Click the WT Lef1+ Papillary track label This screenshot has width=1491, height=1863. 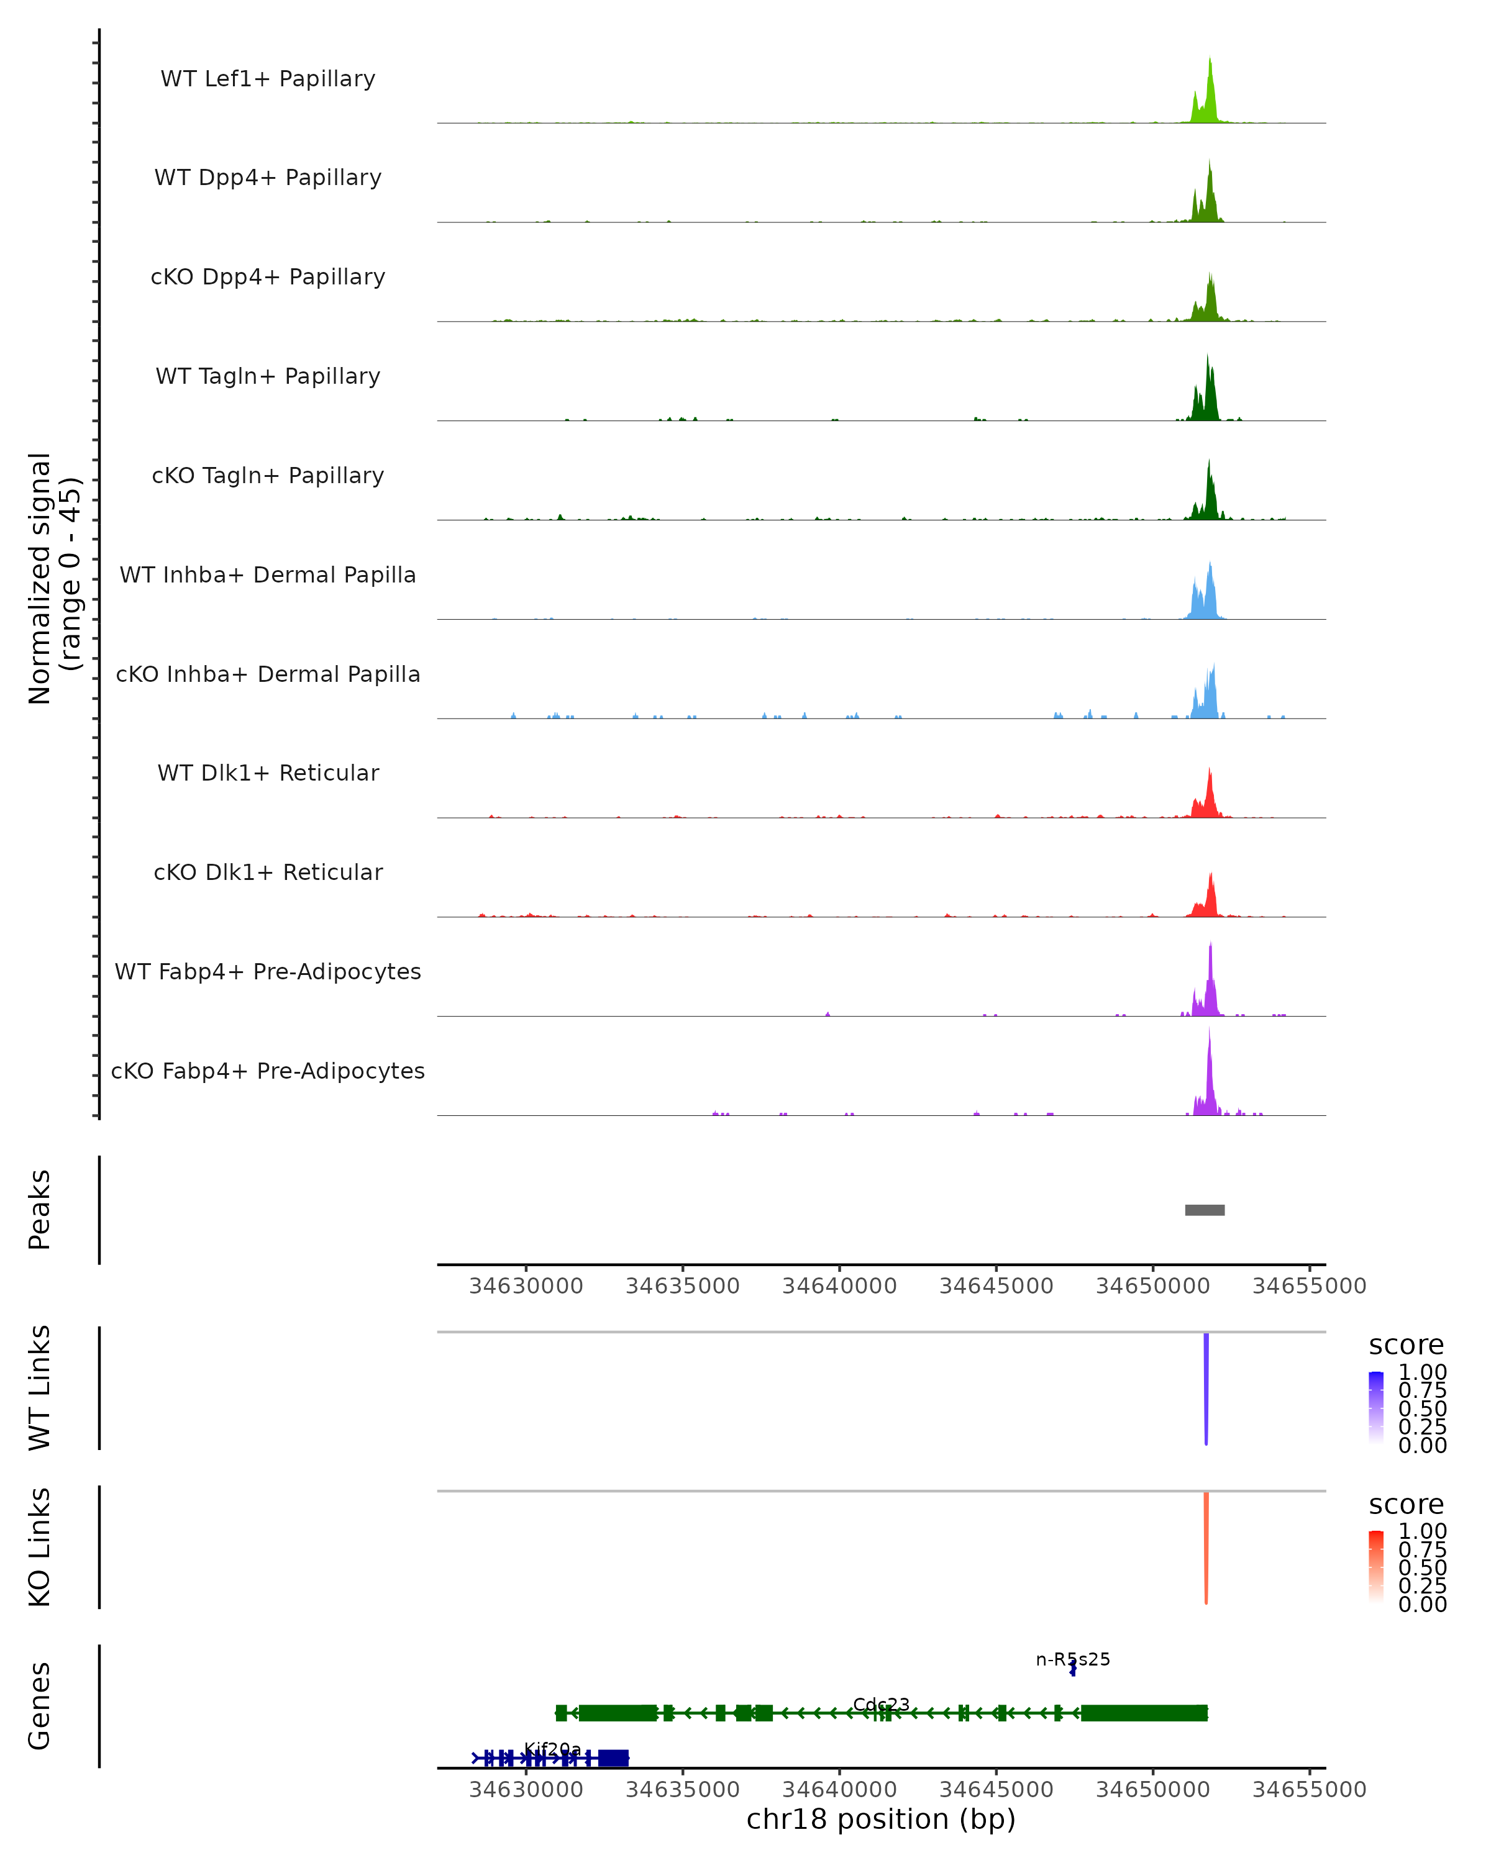point(268,79)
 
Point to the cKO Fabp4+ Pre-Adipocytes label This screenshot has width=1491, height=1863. point(268,1071)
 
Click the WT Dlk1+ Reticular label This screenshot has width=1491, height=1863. point(268,773)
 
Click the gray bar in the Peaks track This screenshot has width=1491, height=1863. point(1204,1210)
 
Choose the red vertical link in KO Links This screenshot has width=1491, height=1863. point(1206,1548)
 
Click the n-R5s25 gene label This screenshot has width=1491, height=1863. point(1073,1659)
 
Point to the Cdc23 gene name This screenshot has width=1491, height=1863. point(881,1704)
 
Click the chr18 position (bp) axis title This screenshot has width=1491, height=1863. point(881,1819)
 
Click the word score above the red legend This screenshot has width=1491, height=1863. point(1407,1505)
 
